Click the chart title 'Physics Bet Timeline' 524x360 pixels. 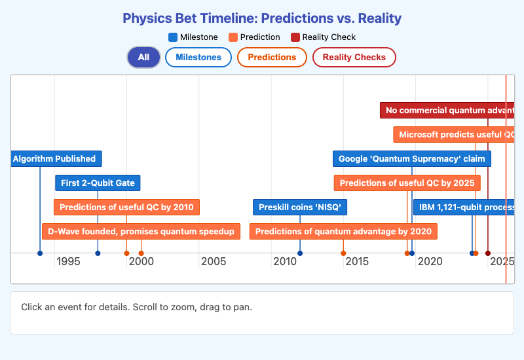tap(262, 18)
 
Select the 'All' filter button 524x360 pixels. tap(143, 58)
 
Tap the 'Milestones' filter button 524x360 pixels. tap(198, 58)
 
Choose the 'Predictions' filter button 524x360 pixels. tap(272, 58)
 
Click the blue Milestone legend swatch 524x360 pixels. tap(173, 37)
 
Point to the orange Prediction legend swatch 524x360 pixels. tap(234, 37)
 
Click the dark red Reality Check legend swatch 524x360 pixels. tap(295, 37)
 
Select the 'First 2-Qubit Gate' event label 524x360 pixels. tap(98, 183)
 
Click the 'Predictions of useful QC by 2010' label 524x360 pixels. tap(126, 207)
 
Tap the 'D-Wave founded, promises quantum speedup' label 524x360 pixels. tap(141, 232)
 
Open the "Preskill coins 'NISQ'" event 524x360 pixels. tap(300, 207)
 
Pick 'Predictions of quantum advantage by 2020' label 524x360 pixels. tap(343, 232)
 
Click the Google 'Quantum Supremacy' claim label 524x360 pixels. tap(411, 159)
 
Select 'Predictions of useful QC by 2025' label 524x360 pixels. tap(407, 183)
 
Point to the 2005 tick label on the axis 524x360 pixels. tap(214, 262)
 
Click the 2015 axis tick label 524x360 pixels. tap(357, 262)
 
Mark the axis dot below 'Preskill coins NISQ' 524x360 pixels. tap(300, 253)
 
